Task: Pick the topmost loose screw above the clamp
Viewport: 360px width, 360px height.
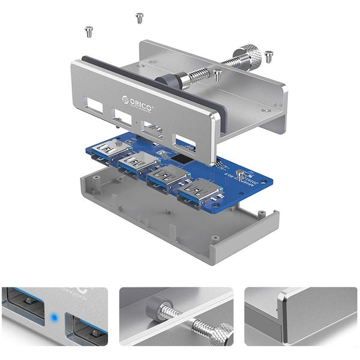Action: [140, 17]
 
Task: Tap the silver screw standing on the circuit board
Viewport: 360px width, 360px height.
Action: [239, 175]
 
